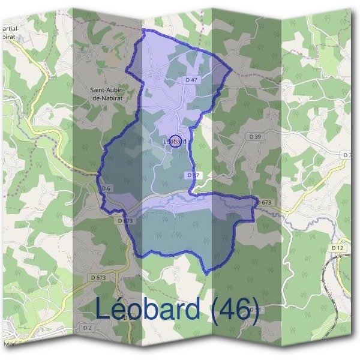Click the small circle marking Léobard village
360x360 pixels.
(175, 141)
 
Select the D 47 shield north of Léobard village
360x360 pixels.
(191, 79)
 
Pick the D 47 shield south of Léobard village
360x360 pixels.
(193, 175)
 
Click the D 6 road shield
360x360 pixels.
(106, 188)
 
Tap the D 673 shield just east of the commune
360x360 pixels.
(265, 203)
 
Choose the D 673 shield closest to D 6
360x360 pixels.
(125, 221)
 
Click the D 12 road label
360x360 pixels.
(337, 247)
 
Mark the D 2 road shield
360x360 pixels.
(88, 327)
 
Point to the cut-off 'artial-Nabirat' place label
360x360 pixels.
(14, 32)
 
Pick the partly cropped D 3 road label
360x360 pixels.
(347, 155)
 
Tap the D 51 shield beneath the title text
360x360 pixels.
(253, 310)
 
